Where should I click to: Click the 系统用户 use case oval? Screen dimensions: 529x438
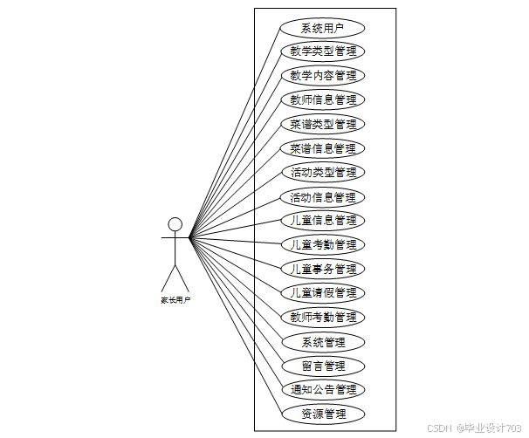coord(323,27)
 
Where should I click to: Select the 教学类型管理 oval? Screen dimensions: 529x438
coord(323,51)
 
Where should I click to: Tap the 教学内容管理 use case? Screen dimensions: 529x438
coord(323,75)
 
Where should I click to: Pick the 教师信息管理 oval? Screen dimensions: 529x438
coord(323,99)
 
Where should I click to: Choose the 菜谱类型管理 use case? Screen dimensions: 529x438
coord(323,124)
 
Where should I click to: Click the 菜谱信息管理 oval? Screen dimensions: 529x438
coord(323,148)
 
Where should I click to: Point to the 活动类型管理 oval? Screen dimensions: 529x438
coord(323,172)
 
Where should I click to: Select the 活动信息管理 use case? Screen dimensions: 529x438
coord(323,196)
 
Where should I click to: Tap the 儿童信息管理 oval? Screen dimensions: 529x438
coord(323,220)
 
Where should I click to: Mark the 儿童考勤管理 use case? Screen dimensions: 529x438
coord(323,244)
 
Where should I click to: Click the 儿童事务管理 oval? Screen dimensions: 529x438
coord(323,269)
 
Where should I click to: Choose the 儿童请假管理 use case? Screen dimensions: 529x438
coord(323,292)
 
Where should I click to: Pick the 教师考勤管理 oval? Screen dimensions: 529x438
coord(323,317)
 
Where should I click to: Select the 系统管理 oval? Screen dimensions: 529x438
coord(323,341)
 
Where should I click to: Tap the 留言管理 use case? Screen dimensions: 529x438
coord(323,366)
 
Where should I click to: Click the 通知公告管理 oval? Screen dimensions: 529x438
coord(323,389)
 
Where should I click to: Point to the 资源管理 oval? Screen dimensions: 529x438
coord(323,414)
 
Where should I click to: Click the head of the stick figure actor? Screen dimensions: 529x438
coord(175,224)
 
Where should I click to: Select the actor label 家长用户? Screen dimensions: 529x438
coord(175,299)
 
